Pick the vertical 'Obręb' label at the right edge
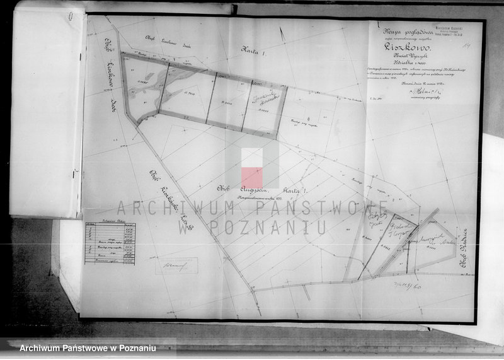pyautogui.click(x=464, y=245)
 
